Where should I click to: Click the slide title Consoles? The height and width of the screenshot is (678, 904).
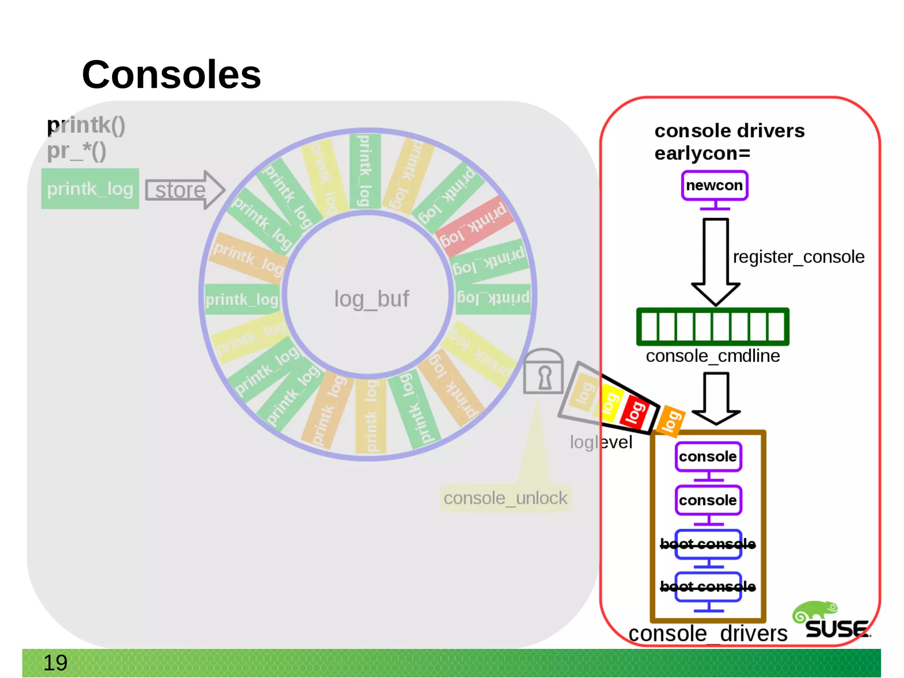click(x=171, y=75)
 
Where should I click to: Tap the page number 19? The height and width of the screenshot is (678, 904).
click(x=55, y=663)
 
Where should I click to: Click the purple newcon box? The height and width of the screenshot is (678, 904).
click(x=714, y=185)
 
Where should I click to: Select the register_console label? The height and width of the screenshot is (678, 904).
click(x=798, y=257)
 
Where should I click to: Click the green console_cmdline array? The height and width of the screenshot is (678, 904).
click(x=712, y=327)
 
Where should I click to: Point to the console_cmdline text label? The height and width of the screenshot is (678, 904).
click(x=712, y=356)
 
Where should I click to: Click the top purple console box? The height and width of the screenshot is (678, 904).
click(x=708, y=456)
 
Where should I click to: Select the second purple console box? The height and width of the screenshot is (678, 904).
click(x=708, y=500)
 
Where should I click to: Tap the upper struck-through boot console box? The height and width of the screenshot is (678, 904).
click(x=708, y=544)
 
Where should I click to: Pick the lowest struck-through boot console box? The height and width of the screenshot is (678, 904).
click(x=708, y=587)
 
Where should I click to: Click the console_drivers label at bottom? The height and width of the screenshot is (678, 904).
click(x=708, y=634)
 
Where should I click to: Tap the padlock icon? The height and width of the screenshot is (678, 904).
click(x=543, y=372)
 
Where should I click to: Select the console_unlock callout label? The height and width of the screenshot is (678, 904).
click(x=505, y=498)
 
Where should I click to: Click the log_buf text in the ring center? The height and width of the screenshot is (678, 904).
click(x=371, y=299)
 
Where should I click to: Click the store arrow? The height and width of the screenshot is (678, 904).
click(x=184, y=190)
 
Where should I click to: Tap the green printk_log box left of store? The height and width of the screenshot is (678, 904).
click(x=90, y=189)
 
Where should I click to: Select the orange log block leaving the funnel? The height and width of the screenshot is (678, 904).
click(x=670, y=421)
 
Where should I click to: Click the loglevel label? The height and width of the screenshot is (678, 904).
click(x=601, y=442)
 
